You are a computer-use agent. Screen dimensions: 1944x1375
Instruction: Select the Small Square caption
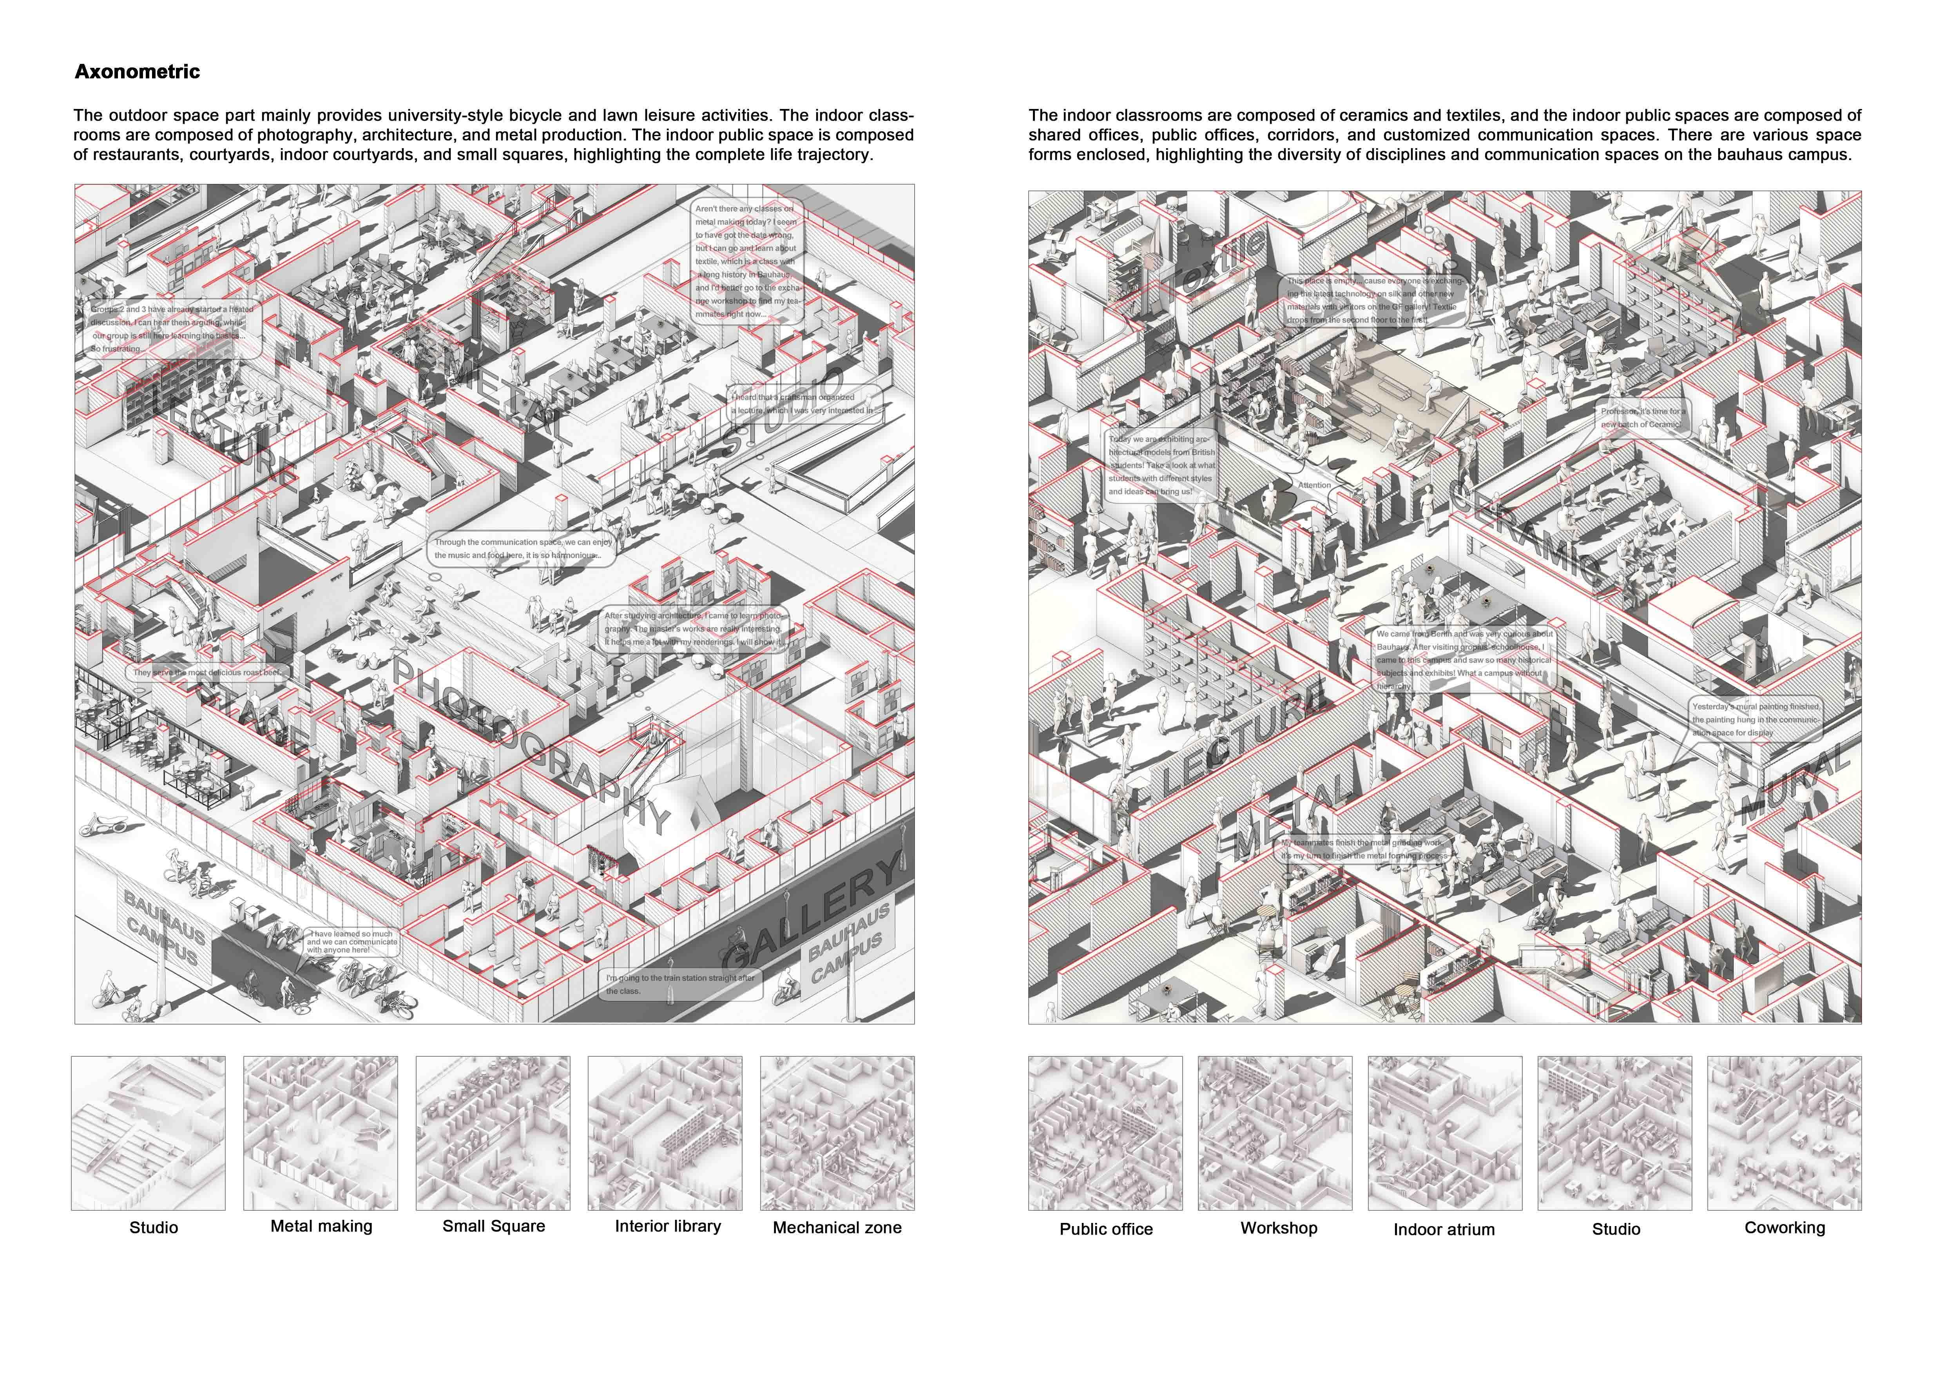(494, 1226)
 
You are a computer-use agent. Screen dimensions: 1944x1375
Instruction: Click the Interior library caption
(668, 1226)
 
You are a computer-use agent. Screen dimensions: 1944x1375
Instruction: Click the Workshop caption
(1279, 1228)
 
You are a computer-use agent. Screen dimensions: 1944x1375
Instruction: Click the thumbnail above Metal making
(320, 1133)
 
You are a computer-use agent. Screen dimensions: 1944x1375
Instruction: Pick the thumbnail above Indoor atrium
(1444, 1133)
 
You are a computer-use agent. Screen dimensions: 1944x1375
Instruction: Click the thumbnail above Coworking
(1784, 1133)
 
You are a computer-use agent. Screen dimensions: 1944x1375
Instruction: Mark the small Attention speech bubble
(1314, 485)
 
